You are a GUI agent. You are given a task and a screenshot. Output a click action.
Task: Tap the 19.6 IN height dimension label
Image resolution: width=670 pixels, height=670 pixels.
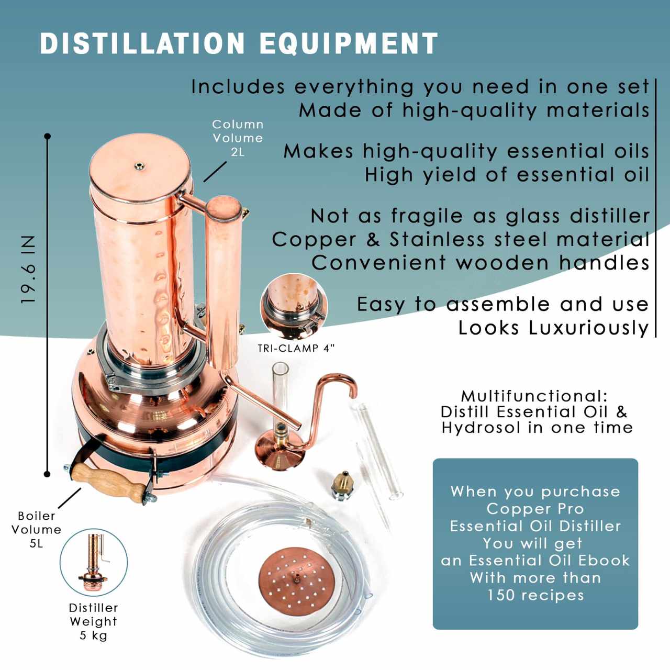[28, 270]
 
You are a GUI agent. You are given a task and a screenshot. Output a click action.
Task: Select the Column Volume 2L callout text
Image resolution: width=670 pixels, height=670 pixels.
[237, 138]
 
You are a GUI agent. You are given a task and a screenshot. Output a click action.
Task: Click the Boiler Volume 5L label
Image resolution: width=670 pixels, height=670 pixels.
[36, 529]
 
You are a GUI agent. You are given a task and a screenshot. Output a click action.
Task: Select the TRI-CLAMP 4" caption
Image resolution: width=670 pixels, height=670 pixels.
[296, 349]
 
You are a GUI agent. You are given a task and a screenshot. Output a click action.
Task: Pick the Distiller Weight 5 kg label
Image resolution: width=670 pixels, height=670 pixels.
[93, 621]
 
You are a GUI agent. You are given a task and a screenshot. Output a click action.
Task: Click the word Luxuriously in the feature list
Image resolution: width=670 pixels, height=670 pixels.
[588, 328]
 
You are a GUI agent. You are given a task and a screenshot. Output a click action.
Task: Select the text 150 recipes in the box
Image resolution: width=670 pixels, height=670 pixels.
[535, 595]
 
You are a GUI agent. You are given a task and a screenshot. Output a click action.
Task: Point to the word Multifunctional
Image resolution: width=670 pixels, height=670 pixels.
[534, 396]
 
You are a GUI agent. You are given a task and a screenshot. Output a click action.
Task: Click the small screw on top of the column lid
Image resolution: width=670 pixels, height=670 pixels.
[139, 166]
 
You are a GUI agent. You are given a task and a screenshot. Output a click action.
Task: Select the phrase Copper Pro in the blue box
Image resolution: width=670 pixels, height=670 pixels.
[535, 509]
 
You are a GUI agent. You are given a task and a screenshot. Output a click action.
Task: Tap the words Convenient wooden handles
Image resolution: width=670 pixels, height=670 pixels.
[480, 263]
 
